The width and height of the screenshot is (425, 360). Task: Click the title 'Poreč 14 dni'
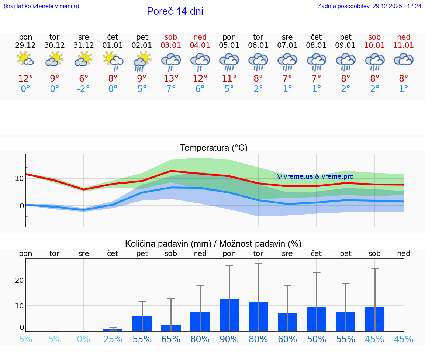click(x=175, y=11)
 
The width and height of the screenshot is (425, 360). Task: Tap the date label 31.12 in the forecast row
click(x=84, y=45)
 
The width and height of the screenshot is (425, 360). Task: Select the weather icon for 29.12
click(x=25, y=59)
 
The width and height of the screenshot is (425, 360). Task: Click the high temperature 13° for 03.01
click(x=171, y=79)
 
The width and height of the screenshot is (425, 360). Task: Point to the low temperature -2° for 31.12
click(x=84, y=89)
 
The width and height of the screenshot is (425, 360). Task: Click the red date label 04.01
click(x=200, y=45)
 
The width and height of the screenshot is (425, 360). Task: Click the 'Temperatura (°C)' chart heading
click(x=214, y=148)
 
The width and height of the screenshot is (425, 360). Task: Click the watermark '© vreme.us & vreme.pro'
click(x=315, y=176)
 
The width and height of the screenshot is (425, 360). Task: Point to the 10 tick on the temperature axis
click(x=19, y=178)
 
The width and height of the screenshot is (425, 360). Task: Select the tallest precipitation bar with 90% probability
click(x=229, y=315)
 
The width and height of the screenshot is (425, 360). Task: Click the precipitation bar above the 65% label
click(x=171, y=328)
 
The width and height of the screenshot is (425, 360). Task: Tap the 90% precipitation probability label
click(x=229, y=339)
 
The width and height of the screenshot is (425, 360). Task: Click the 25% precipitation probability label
click(x=113, y=339)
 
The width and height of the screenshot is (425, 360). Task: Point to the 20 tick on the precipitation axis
click(x=19, y=280)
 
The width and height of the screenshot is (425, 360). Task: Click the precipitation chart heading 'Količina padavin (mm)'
click(x=168, y=244)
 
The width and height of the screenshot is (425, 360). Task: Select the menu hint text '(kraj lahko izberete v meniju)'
click(x=41, y=6)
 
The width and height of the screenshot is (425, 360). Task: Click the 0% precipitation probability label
click(x=84, y=339)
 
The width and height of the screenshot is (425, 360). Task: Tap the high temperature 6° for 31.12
click(x=84, y=79)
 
